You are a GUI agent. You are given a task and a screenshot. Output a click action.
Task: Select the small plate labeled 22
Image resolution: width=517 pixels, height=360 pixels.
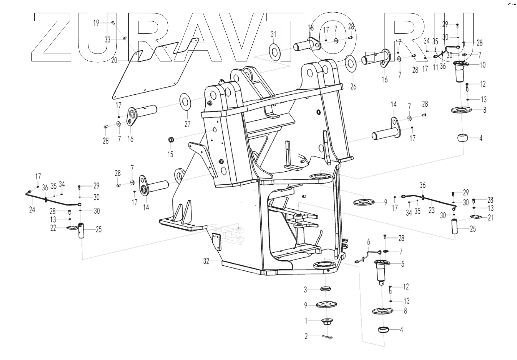pyautogui.click(x=72, y=228)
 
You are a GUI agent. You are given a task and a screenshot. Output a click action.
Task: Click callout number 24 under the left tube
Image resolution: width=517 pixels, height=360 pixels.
pyautogui.click(x=32, y=210)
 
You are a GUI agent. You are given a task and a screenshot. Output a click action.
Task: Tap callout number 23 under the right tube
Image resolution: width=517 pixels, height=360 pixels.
pyautogui.click(x=432, y=209)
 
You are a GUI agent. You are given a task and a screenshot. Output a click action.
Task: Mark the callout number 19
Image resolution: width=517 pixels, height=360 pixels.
pyautogui.click(x=96, y=23)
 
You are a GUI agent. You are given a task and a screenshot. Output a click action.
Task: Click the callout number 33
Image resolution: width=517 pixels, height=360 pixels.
pyautogui.click(x=108, y=40)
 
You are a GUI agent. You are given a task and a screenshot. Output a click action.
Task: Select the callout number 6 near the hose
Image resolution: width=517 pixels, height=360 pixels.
pyautogui.click(x=368, y=241)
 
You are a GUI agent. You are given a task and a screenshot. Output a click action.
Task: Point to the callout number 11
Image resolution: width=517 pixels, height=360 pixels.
pyautogui.click(x=435, y=67)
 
